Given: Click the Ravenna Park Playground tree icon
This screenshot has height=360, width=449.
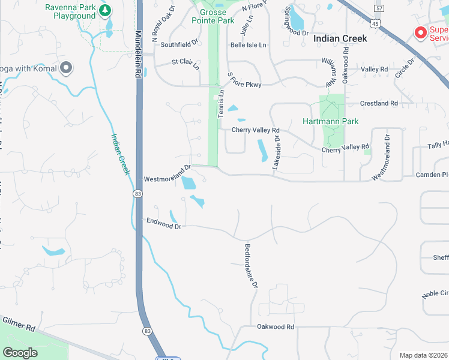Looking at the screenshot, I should pyautogui.click(x=105, y=10).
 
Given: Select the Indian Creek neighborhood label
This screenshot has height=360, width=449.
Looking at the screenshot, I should pyautogui.click(x=340, y=38).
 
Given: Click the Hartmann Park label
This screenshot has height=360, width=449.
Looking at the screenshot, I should pyautogui.click(x=331, y=121).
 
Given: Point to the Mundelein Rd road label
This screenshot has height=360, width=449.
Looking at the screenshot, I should pyautogui.click(x=138, y=53).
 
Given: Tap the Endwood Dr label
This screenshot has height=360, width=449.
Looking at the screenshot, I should pyautogui.click(x=164, y=223).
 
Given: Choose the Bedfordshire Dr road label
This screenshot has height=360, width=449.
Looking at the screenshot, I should pyautogui.click(x=252, y=264).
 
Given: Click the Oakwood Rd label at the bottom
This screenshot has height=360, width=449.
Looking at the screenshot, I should pyautogui.click(x=276, y=327).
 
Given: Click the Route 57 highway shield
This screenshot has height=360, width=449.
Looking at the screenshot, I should pyautogui.click(x=378, y=8).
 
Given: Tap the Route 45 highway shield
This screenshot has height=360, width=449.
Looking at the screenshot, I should pyautogui.click(x=375, y=23).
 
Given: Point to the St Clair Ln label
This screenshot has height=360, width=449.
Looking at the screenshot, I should pyautogui.click(x=185, y=63).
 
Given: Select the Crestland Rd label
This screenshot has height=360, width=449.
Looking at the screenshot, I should pyautogui.click(x=379, y=103).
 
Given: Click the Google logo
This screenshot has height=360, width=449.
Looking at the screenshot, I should pyautogui.click(x=20, y=352).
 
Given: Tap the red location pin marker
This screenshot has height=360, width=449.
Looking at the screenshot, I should pyautogui.click(x=421, y=32).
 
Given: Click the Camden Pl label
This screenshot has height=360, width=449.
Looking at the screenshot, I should pyautogui.click(x=432, y=175).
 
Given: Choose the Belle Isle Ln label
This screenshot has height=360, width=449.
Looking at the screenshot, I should pyautogui.click(x=248, y=45).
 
